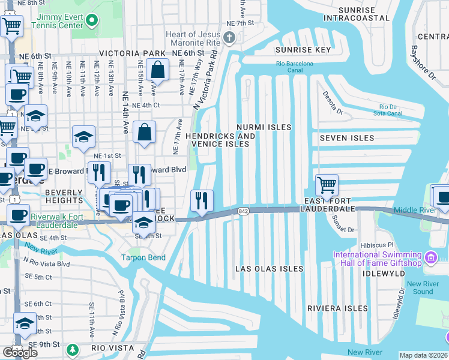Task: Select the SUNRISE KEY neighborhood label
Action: pos(303,50)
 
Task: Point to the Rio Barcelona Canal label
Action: pos(295,67)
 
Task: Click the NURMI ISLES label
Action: pos(264,127)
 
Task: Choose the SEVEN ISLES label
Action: pos(346,138)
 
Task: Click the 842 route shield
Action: pos(243,211)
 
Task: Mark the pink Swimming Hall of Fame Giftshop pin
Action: pos(430,258)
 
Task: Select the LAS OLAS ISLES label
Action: pos(269,269)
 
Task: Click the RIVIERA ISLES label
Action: pos(337,308)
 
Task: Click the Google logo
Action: pos(20,352)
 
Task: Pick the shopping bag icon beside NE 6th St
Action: pos(156,70)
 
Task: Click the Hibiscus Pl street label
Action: pos(376,245)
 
